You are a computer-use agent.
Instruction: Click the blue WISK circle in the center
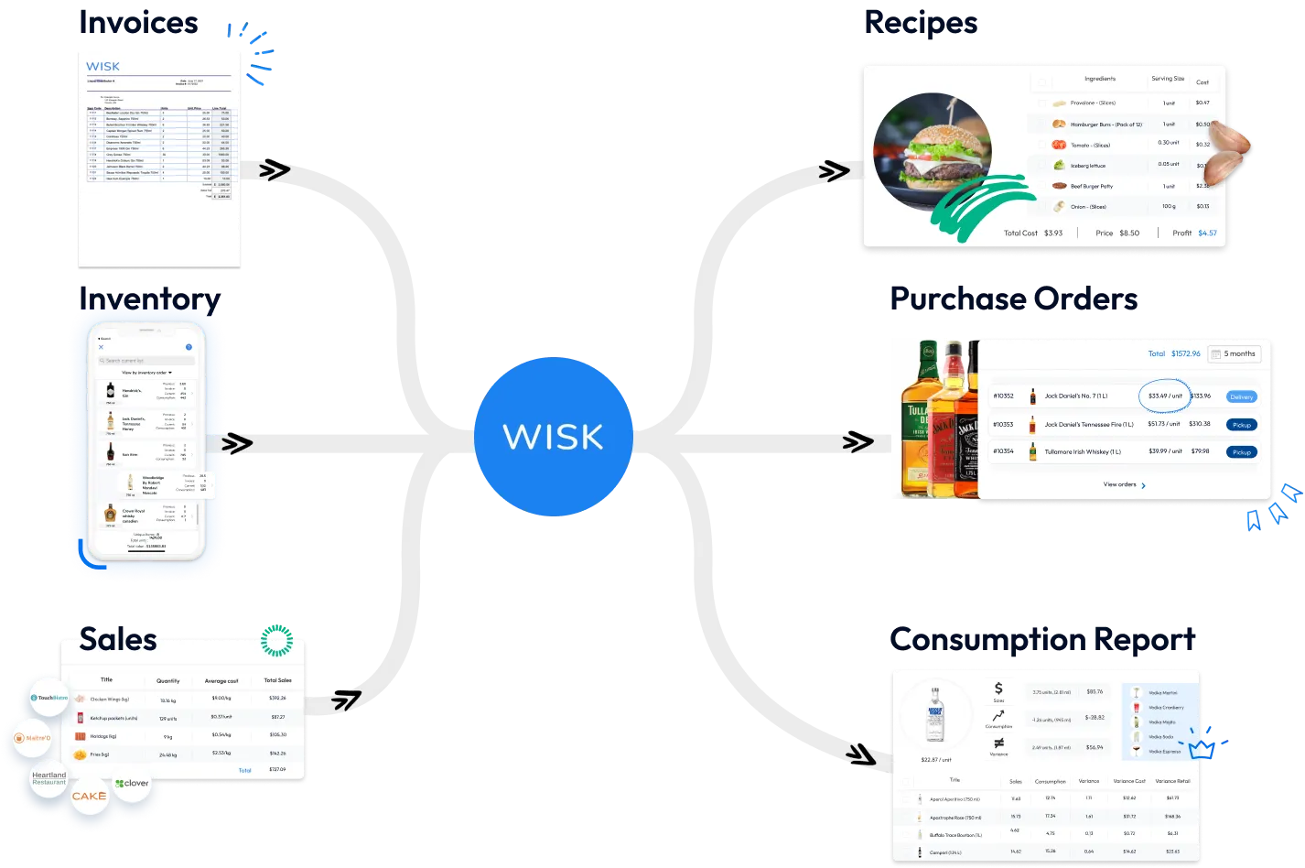[x=553, y=436]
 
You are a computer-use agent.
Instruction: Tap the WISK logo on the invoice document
[x=102, y=67]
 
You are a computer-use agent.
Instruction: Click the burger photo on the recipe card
[x=932, y=152]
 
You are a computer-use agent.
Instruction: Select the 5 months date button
[x=1235, y=353]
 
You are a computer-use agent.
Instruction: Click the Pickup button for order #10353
[x=1241, y=425]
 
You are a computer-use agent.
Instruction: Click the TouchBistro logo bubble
[x=49, y=698]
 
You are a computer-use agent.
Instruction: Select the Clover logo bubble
[x=132, y=784]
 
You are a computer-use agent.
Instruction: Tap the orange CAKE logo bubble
[x=89, y=797]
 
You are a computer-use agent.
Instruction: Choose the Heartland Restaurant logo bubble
[x=49, y=778]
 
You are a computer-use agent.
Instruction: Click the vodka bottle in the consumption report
[x=935, y=717]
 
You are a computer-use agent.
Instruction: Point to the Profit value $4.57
[x=1207, y=233]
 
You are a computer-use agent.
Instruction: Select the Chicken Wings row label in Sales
[x=108, y=700]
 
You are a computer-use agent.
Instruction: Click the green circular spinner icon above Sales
[x=276, y=640]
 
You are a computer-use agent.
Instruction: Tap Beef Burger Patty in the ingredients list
[x=1092, y=186]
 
